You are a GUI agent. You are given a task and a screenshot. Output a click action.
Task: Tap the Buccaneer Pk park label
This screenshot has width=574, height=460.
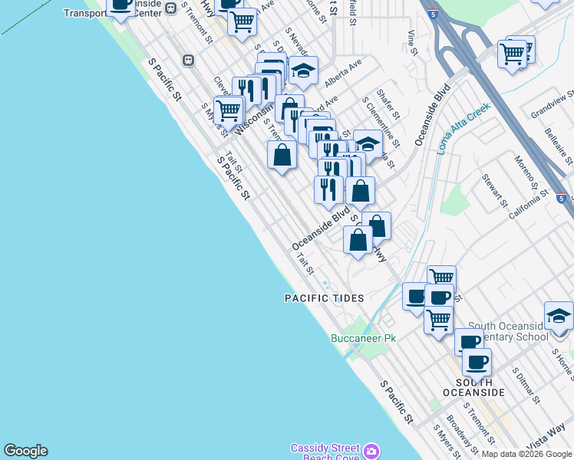(x=363, y=338)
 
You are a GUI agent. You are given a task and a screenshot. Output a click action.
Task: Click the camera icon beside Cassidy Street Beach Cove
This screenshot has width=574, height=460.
(x=372, y=452)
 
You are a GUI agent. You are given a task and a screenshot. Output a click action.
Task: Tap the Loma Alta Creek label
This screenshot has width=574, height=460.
(x=463, y=129)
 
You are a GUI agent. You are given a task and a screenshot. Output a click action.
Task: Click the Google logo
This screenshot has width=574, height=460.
(x=25, y=451)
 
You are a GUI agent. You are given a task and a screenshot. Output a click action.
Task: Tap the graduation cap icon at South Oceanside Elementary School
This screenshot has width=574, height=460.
(x=559, y=316)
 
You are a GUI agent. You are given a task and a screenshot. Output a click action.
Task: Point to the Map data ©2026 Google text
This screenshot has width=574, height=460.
(x=527, y=454)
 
